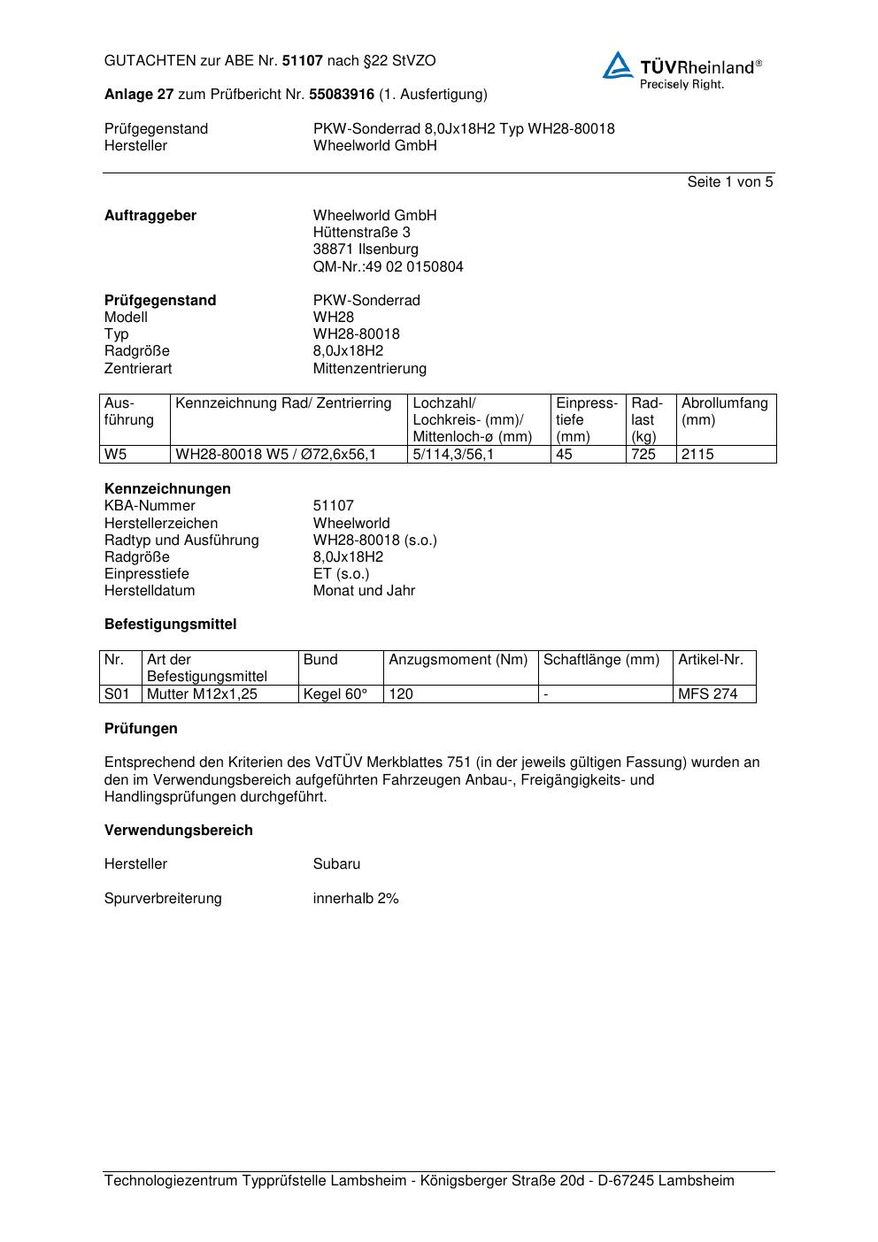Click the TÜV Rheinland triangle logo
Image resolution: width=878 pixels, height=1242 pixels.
pos(618,66)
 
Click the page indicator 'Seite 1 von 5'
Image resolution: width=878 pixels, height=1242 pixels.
pos(729,182)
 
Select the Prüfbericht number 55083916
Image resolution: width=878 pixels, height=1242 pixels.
pos(341,95)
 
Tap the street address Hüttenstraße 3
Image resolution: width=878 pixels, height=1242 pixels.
pos(361,233)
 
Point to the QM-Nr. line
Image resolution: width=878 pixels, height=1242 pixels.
pos(388,266)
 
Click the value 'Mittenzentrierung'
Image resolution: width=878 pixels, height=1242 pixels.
pos(369,368)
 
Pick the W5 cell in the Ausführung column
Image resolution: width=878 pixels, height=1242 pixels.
pos(116,455)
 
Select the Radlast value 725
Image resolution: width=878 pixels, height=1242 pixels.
pos(643,455)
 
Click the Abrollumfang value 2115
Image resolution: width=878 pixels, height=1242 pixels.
pos(697,455)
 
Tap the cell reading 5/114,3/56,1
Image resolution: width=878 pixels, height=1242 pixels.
pos(453,455)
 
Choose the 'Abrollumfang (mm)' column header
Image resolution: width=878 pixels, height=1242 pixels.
pos(724,411)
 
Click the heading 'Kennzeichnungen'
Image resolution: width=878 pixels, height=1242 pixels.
pos(167,489)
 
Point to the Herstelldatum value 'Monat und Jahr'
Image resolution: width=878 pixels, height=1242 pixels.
pos(364,591)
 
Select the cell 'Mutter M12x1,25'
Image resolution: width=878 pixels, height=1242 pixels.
pos(202,694)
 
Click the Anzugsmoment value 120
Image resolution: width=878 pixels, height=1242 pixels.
pos(401,694)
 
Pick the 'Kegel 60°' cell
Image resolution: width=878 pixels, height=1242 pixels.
pos(335,694)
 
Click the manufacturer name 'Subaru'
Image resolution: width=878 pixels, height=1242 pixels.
pos(336,864)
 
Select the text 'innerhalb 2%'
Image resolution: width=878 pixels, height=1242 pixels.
pos(356,899)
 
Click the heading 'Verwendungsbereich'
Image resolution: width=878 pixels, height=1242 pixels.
pos(179,831)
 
